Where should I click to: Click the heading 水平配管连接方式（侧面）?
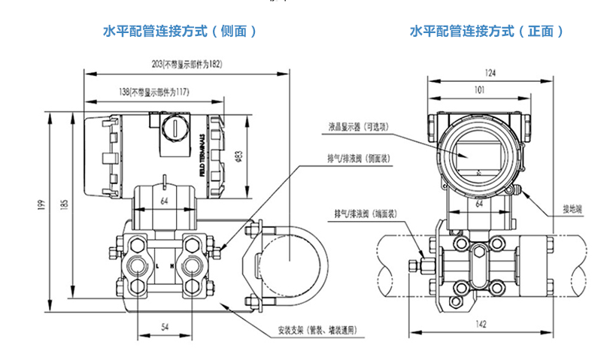coord(180,32)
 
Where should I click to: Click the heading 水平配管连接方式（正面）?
coord(486,32)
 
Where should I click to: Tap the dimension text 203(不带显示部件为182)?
coord(188,65)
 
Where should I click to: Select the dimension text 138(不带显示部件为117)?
coord(153,92)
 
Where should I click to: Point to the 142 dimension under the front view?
coord(481,325)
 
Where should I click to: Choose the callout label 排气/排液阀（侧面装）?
coord(357,159)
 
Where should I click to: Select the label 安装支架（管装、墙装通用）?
coord(316,330)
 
